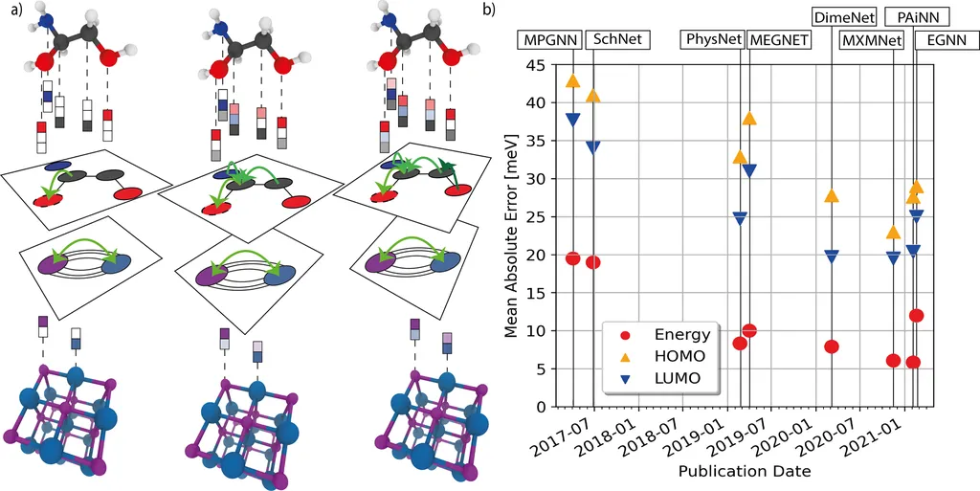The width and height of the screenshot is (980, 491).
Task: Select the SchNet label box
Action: point(617,40)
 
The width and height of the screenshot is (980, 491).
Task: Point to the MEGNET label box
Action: point(778,40)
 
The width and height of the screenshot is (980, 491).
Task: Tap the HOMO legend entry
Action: point(679,356)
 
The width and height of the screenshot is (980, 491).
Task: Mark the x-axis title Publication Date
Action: point(745,472)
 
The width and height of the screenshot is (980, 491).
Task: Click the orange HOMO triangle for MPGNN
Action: point(573,81)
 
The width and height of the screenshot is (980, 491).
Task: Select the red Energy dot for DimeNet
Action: point(832,346)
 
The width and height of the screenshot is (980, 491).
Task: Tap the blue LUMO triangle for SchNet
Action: point(593,147)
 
